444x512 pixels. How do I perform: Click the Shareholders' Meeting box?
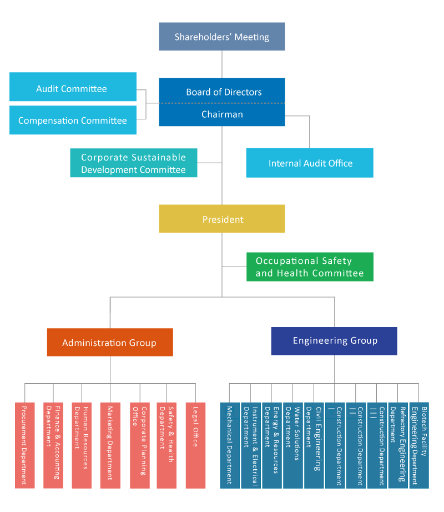[x=221, y=37]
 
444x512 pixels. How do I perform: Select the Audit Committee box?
[x=73, y=88]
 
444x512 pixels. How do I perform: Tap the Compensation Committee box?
[x=73, y=121]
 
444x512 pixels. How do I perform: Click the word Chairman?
[x=222, y=114]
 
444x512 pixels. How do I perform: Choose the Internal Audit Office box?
[x=310, y=163]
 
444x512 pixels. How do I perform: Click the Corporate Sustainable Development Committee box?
[x=133, y=163]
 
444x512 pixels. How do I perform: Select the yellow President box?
[x=221, y=219]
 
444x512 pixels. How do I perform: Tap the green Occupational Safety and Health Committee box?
[x=310, y=267]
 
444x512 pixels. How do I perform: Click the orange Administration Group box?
[x=110, y=343]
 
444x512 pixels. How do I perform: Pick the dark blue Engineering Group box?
[x=334, y=341]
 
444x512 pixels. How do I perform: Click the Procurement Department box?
[x=24, y=445]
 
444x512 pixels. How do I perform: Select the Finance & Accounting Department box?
[x=53, y=445]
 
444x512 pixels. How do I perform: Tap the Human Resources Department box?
[x=82, y=445]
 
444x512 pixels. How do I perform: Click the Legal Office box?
[x=195, y=445]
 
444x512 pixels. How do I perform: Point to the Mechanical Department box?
[x=230, y=445]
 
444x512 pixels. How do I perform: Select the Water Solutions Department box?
[x=292, y=445]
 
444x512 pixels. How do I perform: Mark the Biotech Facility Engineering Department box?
[x=419, y=445]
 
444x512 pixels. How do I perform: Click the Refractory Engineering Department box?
[x=398, y=445]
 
